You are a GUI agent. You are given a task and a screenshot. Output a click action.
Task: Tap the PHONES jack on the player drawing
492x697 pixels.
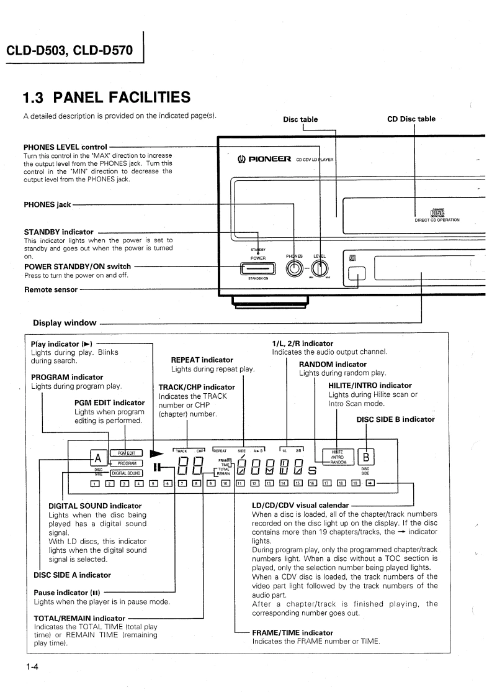pyautogui.click(x=295, y=268)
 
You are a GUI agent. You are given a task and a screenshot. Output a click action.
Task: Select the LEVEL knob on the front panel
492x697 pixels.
pyautogui.click(x=319, y=268)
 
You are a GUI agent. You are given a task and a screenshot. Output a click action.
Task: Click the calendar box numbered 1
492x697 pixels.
pyautogui.click(x=94, y=483)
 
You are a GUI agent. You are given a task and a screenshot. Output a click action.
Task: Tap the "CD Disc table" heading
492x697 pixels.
pyautogui.click(x=411, y=119)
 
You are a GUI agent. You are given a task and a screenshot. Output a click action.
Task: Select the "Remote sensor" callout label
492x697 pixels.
pyautogui.click(x=50, y=289)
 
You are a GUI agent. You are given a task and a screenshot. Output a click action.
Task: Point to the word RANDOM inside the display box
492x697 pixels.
pyautogui.click(x=338, y=462)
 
